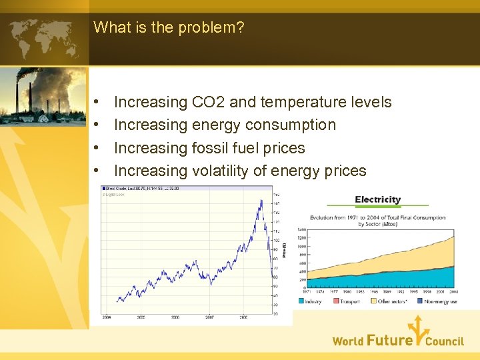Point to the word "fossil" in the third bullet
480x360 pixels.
point(211,148)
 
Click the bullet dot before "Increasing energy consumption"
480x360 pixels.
point(97,125)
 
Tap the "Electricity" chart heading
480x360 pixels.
point(377,199)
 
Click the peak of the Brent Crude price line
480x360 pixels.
point(261,199)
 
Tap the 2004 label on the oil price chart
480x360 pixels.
point(107,317)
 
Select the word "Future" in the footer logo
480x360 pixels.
point(389,341)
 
